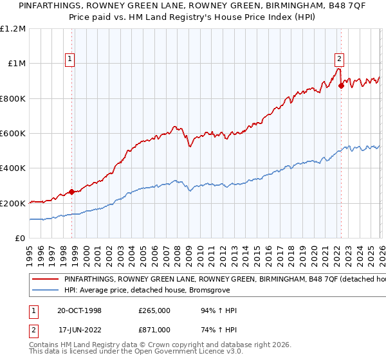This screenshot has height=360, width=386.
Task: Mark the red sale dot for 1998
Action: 71,192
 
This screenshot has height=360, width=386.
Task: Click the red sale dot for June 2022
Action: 341,86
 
